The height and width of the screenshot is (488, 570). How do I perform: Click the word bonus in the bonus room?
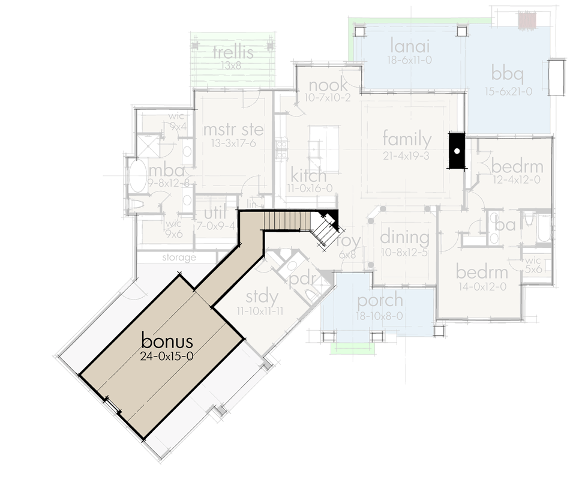pyautogui.click(x=167, y=341)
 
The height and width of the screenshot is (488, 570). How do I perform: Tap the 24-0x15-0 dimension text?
pyautogui.click(x=167, y=356)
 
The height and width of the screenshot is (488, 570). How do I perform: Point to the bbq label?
pyautogui.click(x=508, y=75)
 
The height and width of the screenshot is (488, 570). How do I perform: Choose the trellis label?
pyautogui.click(x=233, y=52)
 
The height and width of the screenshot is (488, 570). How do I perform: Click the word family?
pyautogui.click(x=407, y=140)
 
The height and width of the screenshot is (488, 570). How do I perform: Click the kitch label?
pyautogui.click(x=308, y=176)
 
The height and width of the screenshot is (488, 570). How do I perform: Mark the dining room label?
pyautogui.click(x=404, y=237)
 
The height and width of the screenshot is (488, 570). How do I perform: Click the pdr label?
pyautogui.click(x=303, y=281)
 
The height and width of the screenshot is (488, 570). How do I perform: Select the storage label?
pyautogui.click(x=179, y=258)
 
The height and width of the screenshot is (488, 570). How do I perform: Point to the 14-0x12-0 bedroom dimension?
pyautogui.click(x=482, y=286)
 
